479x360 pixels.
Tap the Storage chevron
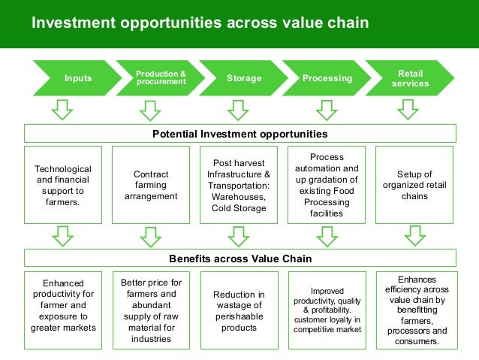pyautogui.click(x=243, y=78)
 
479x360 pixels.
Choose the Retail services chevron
pyautogui.click(x=411, y=78)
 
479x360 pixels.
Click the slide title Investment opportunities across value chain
pyautogui.click(x=200, y=23)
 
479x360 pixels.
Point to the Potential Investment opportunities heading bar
pyautogui.click(x=239, y=134)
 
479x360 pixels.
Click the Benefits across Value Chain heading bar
pyautogui.click(x=239, y=259)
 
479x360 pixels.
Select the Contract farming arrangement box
pyautogui.click(x=150, y=185)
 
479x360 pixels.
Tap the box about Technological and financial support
pyautogui.click(x=63, y=185)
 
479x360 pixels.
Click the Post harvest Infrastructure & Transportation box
pyautogui.click(x=238, y=185)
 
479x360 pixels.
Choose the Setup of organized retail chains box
pyautogui.click(x=415, y=185)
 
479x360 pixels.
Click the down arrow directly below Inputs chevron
pyautogui.click(x=63, y=110)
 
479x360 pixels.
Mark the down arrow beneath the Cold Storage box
pyautogui.click(x=238, y=236)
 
